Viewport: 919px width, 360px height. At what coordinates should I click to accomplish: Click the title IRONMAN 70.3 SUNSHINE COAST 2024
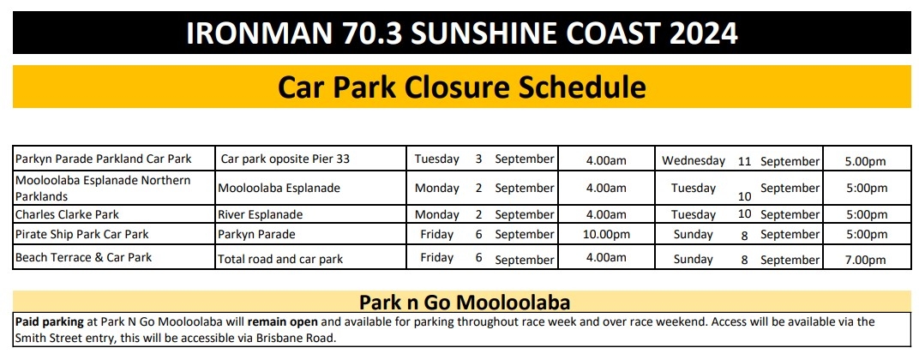[461, 33]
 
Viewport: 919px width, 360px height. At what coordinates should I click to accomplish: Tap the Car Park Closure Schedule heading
[461, 87]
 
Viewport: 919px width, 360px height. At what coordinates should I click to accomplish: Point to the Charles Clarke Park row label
[68, 214]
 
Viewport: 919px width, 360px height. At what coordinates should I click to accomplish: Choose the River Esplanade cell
[261, 214]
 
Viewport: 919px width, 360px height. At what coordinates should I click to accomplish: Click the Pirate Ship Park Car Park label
[82, 235]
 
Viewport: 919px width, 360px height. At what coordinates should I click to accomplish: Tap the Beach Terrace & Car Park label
[83, 257]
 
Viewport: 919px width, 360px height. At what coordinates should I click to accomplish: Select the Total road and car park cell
[280, 259]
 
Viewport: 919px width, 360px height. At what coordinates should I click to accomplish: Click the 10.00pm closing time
[606, 235]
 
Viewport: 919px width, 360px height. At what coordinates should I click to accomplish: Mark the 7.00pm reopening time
[865, 260]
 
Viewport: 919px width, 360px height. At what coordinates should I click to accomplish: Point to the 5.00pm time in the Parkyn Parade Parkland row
[865, 161]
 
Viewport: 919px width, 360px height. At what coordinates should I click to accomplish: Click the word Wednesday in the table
[694, 160]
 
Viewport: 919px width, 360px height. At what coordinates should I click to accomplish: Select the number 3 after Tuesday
[479, 159]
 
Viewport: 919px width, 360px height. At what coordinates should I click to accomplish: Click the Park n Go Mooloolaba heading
[465, 303]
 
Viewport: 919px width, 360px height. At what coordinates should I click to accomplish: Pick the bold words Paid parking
[49, 322]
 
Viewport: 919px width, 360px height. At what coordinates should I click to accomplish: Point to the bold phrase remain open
[283, 322]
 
